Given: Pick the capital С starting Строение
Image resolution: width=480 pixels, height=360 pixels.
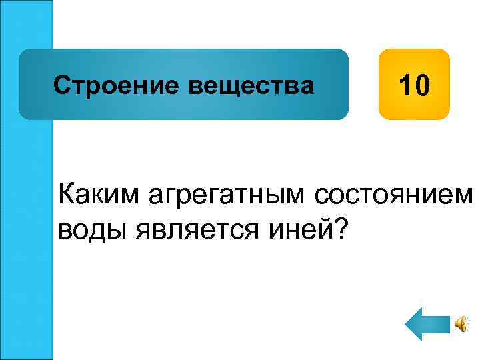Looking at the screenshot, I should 61,85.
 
